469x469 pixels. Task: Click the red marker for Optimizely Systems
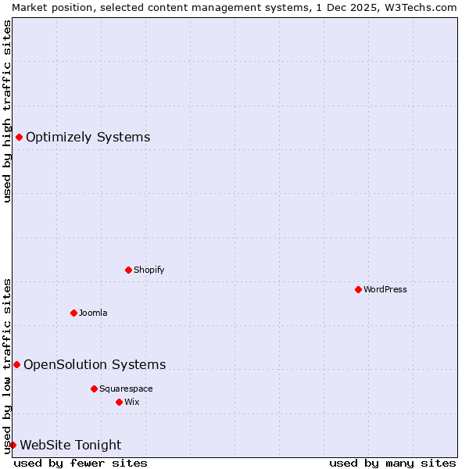pos(19,138)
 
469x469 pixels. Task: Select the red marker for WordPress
pos(358,289)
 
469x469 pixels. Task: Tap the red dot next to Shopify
pos(128,270)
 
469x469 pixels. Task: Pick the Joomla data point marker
pos(73,313)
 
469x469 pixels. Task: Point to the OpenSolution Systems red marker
pos(16,364)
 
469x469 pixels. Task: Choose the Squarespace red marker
pos(94,388)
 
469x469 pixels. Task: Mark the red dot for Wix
pos(119,402)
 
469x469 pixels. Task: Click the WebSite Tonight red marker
pos(13,445)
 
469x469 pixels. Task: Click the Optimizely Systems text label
pos(88,138)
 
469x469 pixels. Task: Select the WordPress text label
pos(385,289)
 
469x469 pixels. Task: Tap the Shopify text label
pos(149,270)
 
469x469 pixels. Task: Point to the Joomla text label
pos(93,313)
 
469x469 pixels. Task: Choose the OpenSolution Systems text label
pos(95,364)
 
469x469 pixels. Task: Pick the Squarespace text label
pos(126,388)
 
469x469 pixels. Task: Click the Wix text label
pos(131,402)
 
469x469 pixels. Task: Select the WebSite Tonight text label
pos(70,445)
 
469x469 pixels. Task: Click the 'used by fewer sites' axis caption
pos(81,463)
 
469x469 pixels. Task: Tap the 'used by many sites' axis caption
pos(392,463)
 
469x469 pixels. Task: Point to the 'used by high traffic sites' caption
pos(7,111)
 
